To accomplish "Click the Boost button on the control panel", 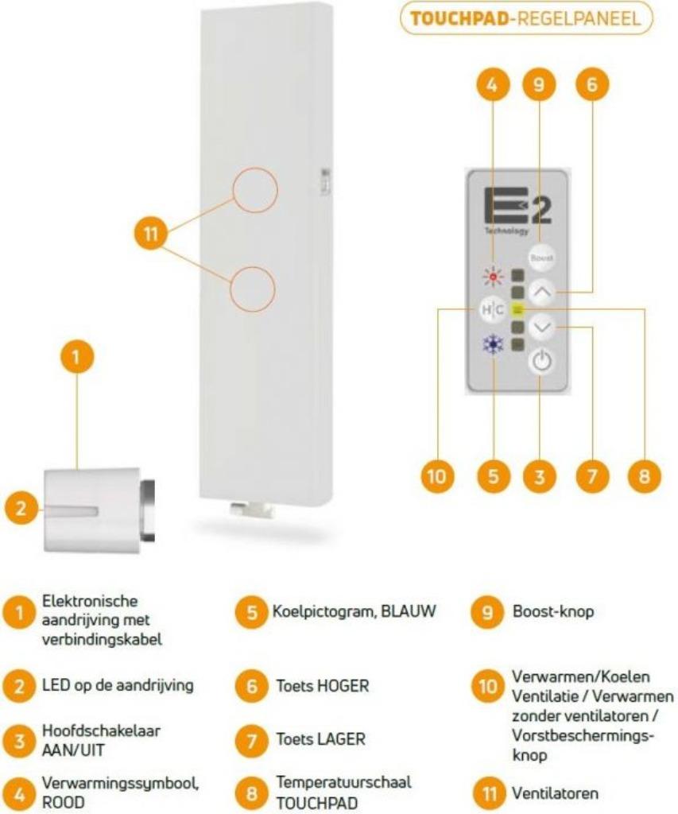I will point(541,258).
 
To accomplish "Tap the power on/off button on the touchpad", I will point(540,361).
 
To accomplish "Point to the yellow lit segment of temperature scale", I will point(517,309).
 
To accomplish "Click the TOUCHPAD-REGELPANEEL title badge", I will point(527,18).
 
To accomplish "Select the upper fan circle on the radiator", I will point(254,192).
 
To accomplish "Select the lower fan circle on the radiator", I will point(253,288).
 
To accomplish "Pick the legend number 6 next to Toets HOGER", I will point(250,686).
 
